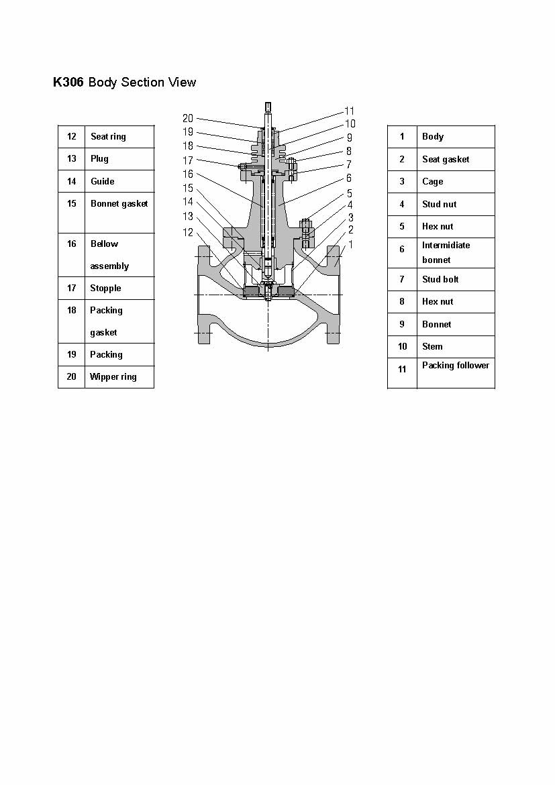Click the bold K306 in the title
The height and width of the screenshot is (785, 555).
[68, 82]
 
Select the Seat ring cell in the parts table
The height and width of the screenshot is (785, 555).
[108, 137]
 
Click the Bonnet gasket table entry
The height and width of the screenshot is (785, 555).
[119, 204]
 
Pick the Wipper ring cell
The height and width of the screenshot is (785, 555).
[113, 377]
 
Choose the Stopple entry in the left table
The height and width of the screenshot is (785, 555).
[105, 289]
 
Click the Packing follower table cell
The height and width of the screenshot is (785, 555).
[456, 366]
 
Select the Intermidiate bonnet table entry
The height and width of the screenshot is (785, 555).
[446, 252]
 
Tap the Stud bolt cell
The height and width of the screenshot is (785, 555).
[440, 279]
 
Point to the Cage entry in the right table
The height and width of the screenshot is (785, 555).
[433, 182]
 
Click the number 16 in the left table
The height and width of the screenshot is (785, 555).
[72, 244]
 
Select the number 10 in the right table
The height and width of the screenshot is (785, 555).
[402, 346]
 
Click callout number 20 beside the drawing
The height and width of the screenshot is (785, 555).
[188, 118]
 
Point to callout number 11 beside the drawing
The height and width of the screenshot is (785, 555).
[350, 111]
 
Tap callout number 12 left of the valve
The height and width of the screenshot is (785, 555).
[188, 232]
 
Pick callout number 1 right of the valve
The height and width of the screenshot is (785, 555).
[350, 244]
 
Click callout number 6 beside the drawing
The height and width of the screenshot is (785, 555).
[349, 178]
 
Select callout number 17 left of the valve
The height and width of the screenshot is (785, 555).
[188, 160]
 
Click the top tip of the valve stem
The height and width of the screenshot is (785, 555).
[268, 103]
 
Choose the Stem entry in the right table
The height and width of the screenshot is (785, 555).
[432, 346]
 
